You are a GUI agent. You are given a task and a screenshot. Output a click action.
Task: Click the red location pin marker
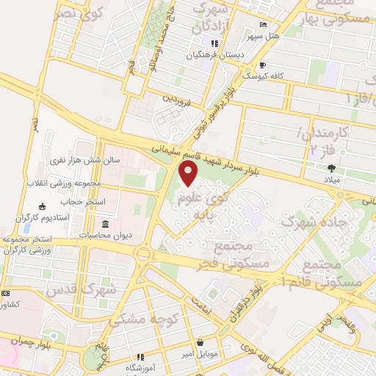coord(189,174)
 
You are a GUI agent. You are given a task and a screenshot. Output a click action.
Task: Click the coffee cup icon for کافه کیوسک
coord(262,65)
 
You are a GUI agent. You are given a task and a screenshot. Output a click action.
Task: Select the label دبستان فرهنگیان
coord(214,54)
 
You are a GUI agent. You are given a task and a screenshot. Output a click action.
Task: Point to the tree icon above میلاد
coord(333,167)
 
